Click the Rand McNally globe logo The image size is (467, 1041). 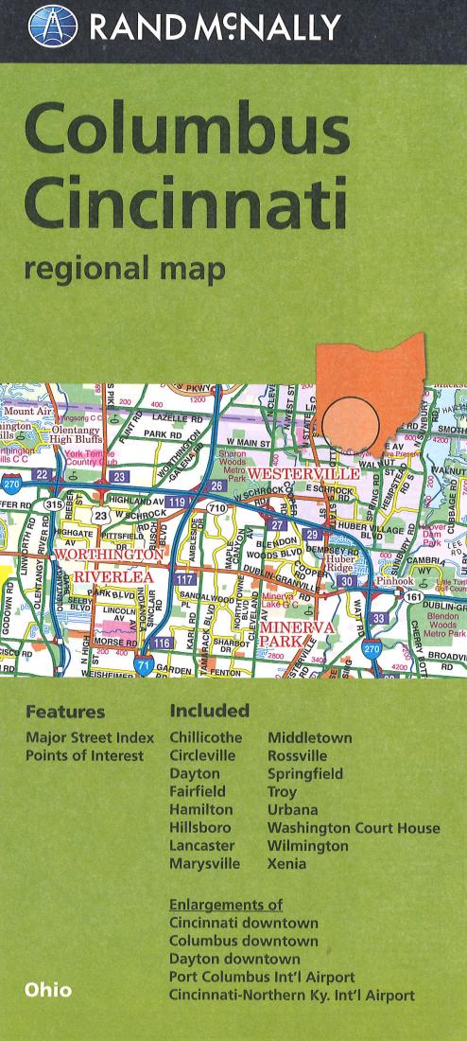53,26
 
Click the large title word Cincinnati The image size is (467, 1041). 185,197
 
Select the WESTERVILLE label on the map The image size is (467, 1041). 303,472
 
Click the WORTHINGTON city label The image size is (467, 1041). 109,554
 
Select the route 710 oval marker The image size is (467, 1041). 217,509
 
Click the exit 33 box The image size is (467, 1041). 378,619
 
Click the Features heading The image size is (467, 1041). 65,712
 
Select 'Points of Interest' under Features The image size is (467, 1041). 85,755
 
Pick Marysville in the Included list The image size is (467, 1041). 204,864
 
